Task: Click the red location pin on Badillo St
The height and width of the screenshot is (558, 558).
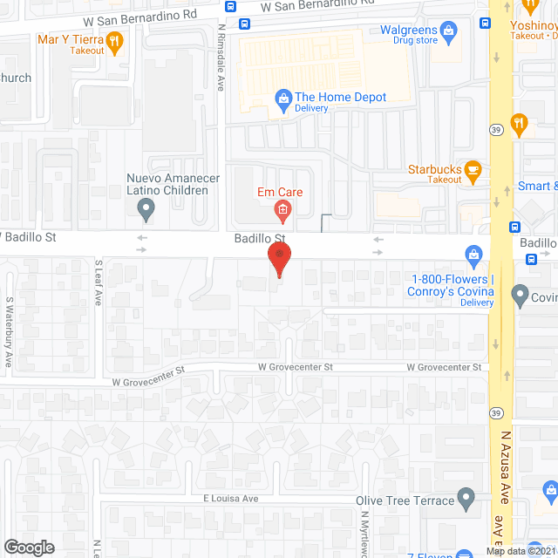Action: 279,258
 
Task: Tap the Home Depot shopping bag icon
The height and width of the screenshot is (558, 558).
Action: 282,98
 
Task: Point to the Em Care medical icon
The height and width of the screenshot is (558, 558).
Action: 282,208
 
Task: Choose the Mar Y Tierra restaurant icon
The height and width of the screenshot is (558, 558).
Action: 113,40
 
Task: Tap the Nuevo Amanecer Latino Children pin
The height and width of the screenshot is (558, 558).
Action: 146,208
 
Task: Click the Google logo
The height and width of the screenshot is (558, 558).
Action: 28,547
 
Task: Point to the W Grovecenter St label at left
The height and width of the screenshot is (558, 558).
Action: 149,375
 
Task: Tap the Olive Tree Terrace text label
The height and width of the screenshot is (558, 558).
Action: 405,500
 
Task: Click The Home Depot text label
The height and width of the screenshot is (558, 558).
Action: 341,98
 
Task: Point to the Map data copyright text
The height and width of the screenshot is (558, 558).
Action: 521,551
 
